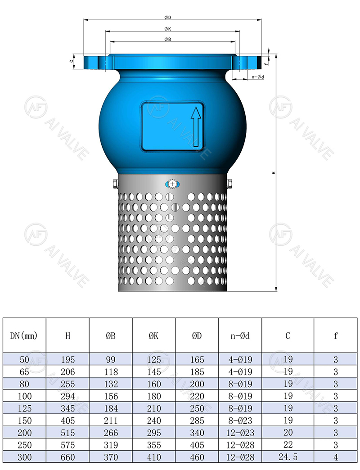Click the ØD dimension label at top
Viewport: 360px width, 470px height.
coord(167,17)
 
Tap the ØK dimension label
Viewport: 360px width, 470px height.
coord(167,29)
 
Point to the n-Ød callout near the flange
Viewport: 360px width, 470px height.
coord(257,77)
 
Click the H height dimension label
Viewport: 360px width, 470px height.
coord(273,173)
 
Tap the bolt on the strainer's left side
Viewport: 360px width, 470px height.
coord(114,183)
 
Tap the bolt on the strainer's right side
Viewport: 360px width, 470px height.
coord(230,183)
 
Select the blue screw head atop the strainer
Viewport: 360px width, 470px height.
coord(172,184)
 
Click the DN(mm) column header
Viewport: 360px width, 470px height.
coord(24,335)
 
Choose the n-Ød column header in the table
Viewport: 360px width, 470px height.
coord(240,335)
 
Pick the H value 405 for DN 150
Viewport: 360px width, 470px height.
coord(67,420)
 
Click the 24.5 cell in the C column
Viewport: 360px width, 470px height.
coord(288,456)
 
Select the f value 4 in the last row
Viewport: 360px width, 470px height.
coord(336,456)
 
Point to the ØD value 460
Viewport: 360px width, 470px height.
coord(197,456)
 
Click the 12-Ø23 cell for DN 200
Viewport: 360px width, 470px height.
coord(240,433)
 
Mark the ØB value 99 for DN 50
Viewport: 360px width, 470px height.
coord(111,360)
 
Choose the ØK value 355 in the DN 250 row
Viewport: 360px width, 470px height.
coord(153,445)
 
